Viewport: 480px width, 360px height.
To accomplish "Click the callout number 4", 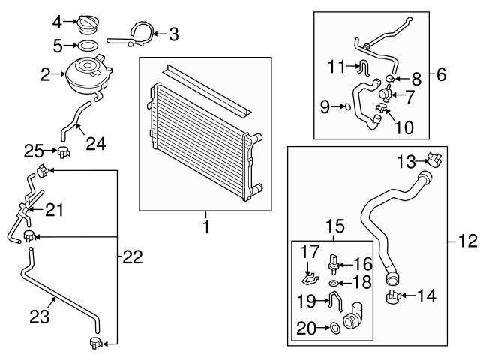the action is (58, 22).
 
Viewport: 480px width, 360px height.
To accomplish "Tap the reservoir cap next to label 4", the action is (87, 24).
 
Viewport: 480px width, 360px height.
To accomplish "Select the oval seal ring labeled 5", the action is (87, 46).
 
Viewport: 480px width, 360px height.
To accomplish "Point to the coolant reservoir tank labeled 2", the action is (89, 76).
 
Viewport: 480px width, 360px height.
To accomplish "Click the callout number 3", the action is (173, 34).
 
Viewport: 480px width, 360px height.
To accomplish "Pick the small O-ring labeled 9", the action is (347, 106).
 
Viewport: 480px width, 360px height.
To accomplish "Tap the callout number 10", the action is (404, 127).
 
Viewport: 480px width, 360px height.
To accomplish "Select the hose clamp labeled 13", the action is (434, 159).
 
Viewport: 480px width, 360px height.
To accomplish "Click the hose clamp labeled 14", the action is (394, 297).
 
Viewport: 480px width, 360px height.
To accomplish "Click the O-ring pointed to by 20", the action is (335, 328).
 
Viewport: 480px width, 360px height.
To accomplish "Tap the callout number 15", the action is (335, 226).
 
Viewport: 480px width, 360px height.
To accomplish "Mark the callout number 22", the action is (133, 256).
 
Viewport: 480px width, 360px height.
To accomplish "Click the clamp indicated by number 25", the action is (64, 152).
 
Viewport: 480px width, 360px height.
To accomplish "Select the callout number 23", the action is (40, 316).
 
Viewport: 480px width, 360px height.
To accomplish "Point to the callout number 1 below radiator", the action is (206, 226).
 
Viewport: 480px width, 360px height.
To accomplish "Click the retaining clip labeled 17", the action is (310, 278).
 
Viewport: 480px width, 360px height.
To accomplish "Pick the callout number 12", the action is (467, 241).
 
